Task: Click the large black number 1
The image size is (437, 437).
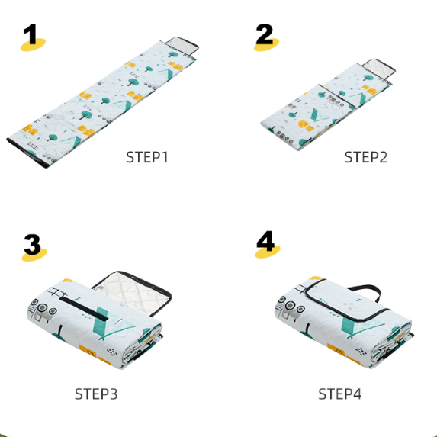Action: tap(31, 34)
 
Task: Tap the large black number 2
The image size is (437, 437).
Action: tap(265, 34)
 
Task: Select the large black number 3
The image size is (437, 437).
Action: tap(33, 244)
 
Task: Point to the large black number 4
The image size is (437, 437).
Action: tap(265, 241)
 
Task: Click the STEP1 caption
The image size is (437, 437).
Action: tap(147, 157)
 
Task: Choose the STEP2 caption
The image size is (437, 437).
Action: tap(365, 157)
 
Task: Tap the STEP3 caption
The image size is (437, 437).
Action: tap(96, 394)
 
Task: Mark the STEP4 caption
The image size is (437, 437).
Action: tap(339, 394)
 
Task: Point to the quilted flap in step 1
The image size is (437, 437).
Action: tap(182, 46)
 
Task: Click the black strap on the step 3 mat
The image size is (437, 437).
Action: tap(84, 309)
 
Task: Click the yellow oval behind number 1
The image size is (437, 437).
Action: tap(33, 44)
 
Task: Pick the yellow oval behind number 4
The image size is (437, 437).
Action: tap(268, 252)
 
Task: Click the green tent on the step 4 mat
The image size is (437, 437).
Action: tap(362, 326)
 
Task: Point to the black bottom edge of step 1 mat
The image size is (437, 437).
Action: tap(27, 154)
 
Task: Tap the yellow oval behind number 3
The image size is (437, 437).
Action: tap(34, 255)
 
